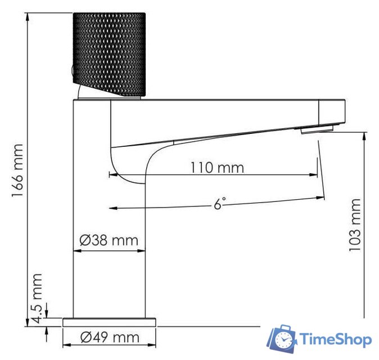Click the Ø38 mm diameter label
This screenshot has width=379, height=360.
(109, 241)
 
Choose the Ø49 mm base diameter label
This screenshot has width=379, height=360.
(109, 337)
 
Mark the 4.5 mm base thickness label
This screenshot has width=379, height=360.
(38, 298)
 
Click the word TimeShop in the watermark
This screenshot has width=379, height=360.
(336, 340)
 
